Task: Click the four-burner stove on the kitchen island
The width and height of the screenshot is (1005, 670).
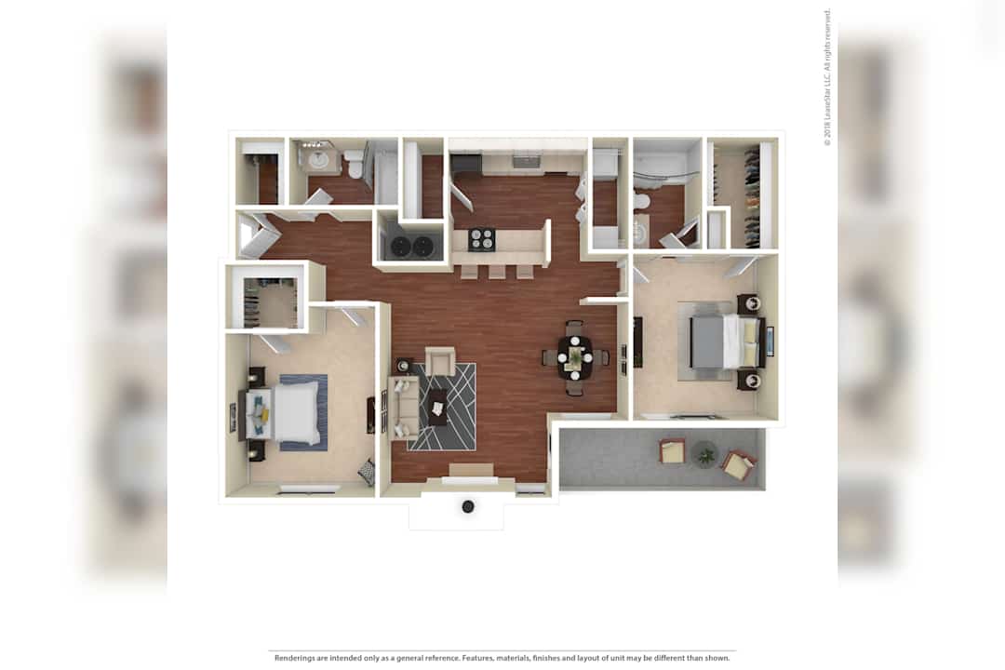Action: point(482,239)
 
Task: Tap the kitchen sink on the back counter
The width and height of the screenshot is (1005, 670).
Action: point(527,161)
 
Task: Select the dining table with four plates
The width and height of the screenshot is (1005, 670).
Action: point(575,357)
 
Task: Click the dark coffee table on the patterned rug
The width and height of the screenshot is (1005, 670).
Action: point(438,408)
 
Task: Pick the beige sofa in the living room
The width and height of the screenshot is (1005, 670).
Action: point(403,408)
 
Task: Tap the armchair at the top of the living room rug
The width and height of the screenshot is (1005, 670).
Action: point(440,361)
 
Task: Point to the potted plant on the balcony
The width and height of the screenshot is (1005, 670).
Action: point(705,454)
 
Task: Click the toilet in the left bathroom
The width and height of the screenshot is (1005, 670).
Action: point(353,165)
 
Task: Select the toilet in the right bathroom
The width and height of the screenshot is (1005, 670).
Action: point(641,201)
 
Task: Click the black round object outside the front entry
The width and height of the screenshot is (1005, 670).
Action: point(468,506)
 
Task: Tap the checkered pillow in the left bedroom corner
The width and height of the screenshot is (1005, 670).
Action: point(366,472)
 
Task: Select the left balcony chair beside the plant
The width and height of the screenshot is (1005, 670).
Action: point(673,451)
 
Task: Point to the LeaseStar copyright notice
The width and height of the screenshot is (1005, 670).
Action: point(827,77)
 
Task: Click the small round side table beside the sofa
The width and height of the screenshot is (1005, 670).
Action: point(402,366)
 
